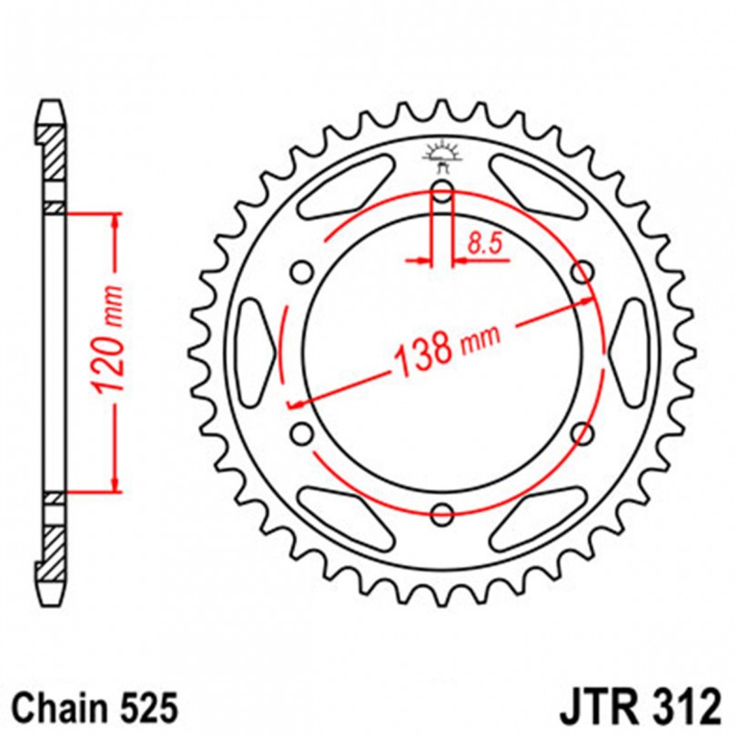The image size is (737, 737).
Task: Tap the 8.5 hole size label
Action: tap(485, 245)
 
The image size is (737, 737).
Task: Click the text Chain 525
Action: tap(96, 708)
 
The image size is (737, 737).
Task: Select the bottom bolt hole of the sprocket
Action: tap(442, 513)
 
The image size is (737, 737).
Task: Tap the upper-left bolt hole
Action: tap(302, 272)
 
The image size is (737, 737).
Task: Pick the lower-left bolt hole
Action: tap(302, 433)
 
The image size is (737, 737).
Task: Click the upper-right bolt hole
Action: tap(582, 272)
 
